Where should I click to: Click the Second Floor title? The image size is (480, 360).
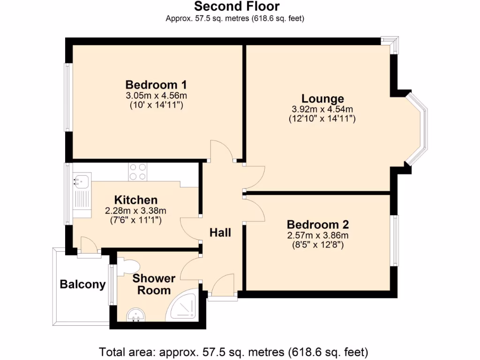tap(237, 7)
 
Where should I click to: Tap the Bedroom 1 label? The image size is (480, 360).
tap(156, 85)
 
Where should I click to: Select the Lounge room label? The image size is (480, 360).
tap(322, 99)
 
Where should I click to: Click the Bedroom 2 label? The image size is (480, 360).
tap(318, 225)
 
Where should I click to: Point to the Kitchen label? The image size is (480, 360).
tap(136, 200)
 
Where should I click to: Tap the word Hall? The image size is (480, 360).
tap(220, 232)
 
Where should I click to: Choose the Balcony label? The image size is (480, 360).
tap(82, 285)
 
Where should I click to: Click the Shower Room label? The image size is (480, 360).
tap(154, 285)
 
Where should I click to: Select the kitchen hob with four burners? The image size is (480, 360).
tap(138, 171)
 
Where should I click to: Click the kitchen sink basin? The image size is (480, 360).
tap(81, 180)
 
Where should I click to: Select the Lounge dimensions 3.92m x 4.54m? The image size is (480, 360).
tap(322, 109)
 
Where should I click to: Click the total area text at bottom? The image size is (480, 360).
tap(233, 352)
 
